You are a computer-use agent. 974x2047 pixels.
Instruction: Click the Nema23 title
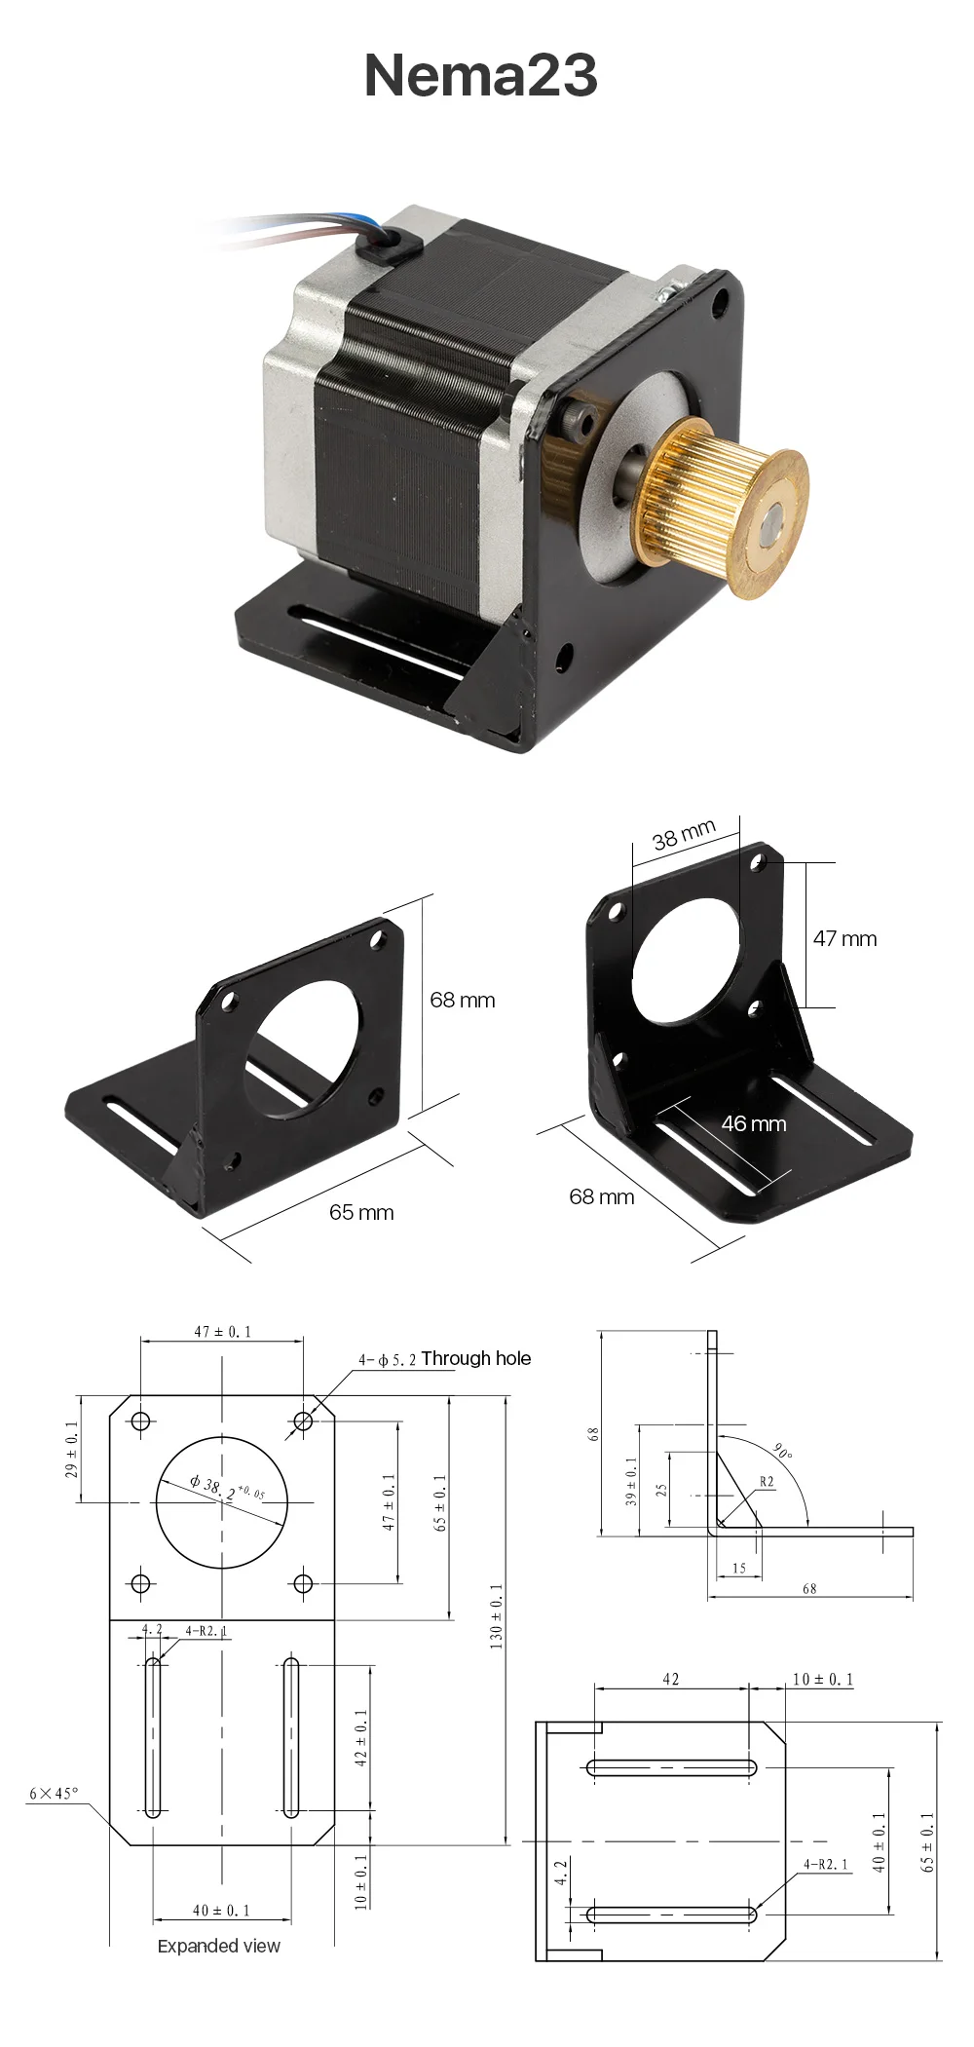(480, 75)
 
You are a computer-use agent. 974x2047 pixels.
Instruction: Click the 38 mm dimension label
(684, 835)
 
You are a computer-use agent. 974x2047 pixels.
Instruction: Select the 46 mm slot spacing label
(753, 1123)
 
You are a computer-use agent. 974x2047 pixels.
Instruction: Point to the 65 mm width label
(361, 1212)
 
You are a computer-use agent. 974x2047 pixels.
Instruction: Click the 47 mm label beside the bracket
(844, 938)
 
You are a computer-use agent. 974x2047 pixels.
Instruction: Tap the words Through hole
(476, 1358)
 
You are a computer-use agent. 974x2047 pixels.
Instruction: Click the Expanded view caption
(219, 1946)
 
